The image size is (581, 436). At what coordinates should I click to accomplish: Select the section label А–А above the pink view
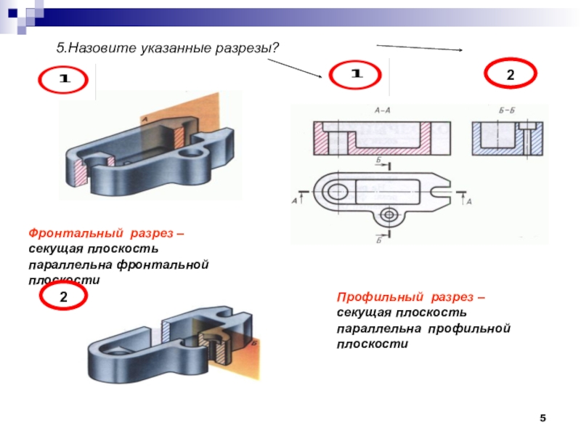(x=382, y=111)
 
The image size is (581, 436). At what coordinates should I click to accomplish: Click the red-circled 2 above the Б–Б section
(x=511, y=75)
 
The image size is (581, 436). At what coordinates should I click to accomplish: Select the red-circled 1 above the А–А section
(x=357, y=75)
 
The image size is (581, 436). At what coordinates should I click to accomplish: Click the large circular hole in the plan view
(x=336, y=193)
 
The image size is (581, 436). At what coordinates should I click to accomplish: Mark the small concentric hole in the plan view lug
(x=390, y=215)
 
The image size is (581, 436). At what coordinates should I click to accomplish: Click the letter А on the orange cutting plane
(x=146, y=118)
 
